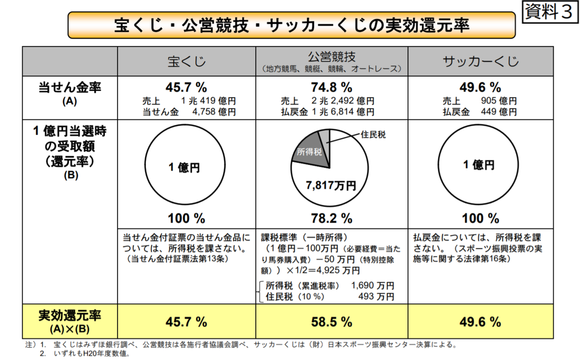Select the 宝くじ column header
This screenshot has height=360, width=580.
tap(187, 61)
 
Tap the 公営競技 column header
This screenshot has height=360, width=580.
tap(331, 57)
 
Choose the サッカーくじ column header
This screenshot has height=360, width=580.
tap(481, 61)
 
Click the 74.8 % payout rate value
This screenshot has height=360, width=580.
tap(331, 87)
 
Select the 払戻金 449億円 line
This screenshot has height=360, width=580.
tap(480, 112)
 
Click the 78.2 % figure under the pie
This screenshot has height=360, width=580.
tap(331, 218)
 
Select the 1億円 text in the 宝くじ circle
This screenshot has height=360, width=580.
tap(184, 168)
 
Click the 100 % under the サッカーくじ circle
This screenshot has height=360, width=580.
tap(480, 218)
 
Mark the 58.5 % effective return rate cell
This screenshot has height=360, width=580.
tap(331, 321)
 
